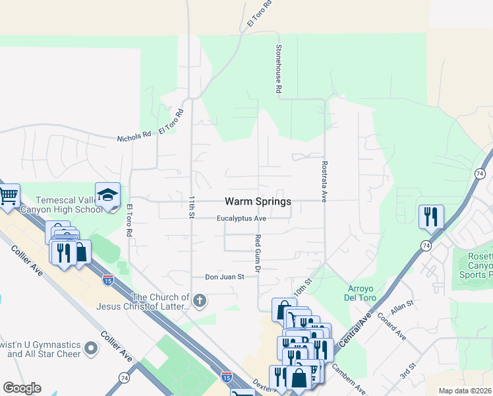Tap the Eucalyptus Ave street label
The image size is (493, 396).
point(242,218)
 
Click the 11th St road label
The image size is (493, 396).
point(192,207)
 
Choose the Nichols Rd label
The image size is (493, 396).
point(134,137)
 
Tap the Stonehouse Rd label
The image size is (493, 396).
point(279,69)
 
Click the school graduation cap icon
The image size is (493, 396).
point(107,195)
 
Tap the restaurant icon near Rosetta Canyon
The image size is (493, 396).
point(431,216)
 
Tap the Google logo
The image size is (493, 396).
point(22,387)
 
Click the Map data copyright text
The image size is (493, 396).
point(465,391)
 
